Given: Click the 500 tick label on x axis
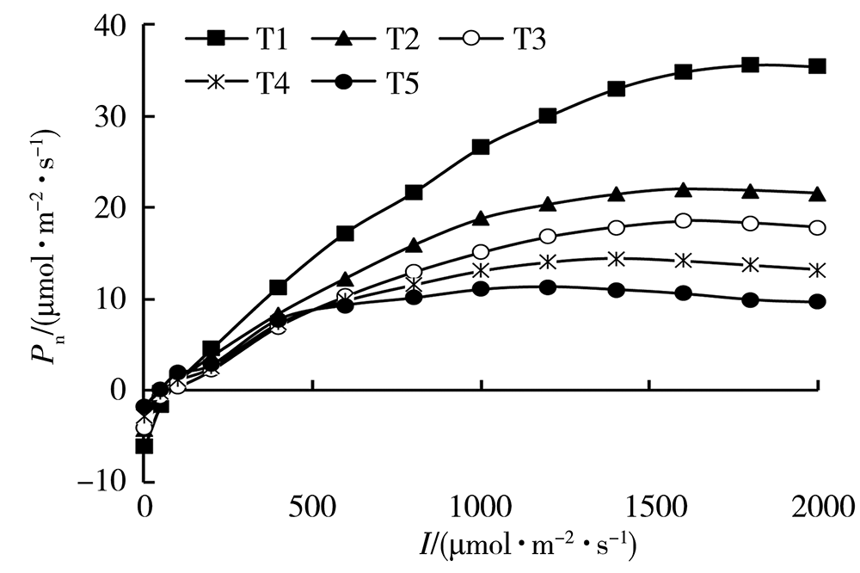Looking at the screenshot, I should point(312,504).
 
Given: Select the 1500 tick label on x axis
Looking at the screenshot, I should point(648,504).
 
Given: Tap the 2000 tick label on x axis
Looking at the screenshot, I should point(817,504).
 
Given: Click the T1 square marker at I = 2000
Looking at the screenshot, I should point(818,66).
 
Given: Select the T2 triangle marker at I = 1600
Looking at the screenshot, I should point(683,189).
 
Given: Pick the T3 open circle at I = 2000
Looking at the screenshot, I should point(818,227).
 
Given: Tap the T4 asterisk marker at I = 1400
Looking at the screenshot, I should point(616,258).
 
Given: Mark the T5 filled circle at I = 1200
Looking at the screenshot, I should point(548,287).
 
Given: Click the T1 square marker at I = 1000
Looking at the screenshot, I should point(481,147).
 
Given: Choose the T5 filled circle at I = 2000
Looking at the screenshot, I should point(818,302).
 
